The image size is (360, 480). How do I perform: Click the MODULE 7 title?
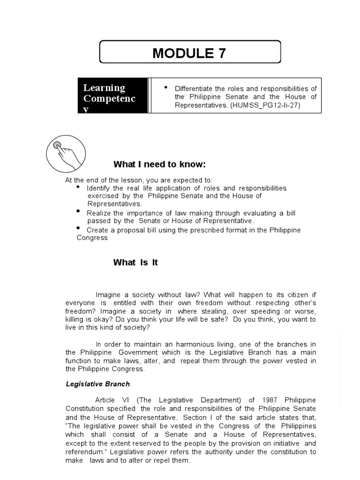(x=189, y=53)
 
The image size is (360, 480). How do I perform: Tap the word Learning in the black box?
(x=104, y=88)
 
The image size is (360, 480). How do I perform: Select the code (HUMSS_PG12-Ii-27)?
(x=265, y=105)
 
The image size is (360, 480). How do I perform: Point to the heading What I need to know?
(x=159, y=164)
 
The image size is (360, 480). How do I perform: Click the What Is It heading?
(x=135, y=262)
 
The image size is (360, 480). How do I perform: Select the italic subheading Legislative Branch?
(x=97, y=384)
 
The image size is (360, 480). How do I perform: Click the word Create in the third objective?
(x=97, y=230)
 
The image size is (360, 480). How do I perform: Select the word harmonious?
(x=190, y=344)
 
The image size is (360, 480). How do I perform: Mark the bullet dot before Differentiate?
(x=165, y=88)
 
